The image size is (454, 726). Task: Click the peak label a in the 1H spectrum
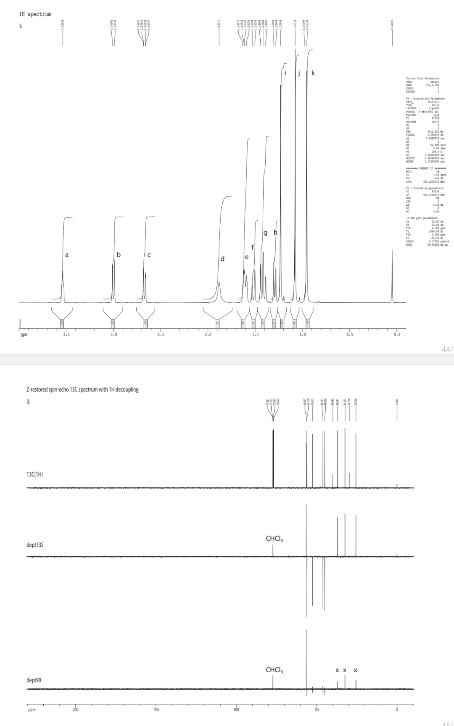tap(67, 254)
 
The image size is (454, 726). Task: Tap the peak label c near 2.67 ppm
tap(148, 254)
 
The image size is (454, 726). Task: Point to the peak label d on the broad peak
tap(222, 259)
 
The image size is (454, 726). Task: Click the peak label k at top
tap(313, 73)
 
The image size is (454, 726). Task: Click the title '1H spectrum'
tap(35, 14)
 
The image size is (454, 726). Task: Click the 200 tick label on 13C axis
tap(75, 710)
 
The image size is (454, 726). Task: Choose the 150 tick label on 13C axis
tap(156, 710)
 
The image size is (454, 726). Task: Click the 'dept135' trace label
tap(35, 545)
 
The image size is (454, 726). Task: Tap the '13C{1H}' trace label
tap(35, 474)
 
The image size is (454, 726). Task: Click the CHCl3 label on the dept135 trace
tap(274, 539)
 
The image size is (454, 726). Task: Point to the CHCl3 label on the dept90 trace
tap(274, 670)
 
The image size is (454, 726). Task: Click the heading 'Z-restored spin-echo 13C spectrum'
tap(82, 389)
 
